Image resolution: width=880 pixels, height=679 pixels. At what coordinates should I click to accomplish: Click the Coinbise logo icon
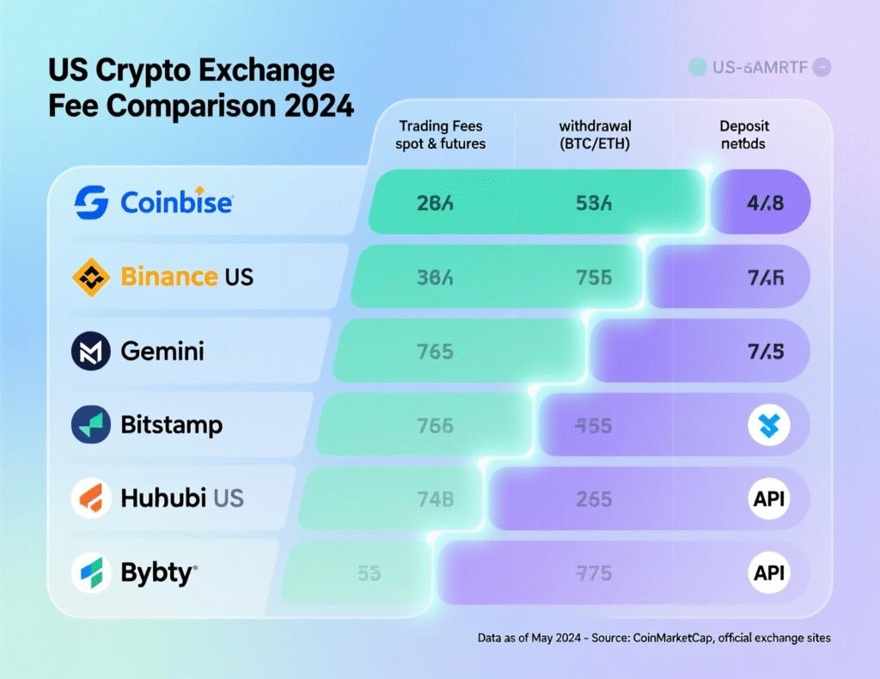92,203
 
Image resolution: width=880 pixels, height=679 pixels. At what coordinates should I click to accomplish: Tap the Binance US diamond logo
91,277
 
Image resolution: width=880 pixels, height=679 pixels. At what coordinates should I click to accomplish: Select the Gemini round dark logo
91,352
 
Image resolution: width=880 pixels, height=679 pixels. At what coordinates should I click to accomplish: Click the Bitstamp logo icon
91,425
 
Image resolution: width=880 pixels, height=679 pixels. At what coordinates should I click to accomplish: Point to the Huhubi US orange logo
91,499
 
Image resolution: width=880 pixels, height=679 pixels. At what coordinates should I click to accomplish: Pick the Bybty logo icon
91,573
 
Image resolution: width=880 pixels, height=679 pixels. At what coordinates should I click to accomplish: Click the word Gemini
162,352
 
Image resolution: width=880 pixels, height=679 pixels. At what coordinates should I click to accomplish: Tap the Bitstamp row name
171,425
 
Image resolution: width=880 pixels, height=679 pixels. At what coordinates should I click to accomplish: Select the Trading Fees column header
440,135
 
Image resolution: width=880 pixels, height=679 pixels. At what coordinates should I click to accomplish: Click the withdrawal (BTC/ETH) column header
595,135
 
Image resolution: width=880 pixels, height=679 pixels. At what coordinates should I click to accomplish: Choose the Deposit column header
744,135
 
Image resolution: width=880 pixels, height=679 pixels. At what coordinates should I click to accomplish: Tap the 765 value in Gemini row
435,352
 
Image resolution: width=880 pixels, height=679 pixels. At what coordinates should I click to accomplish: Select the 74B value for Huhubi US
435,499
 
